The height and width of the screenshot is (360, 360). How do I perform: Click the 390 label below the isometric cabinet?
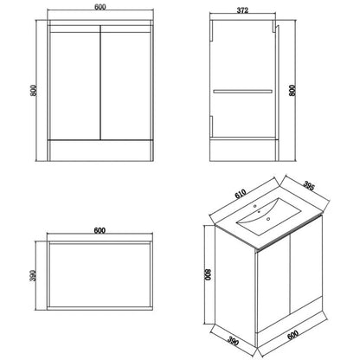(x=227, y=344)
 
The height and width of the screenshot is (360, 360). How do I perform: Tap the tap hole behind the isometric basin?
(x=260, y=208)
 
